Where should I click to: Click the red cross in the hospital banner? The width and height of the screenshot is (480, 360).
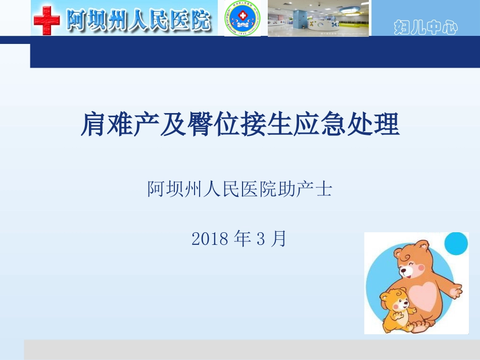coord(46,21)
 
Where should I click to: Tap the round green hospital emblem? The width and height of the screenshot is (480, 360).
coord(243,19)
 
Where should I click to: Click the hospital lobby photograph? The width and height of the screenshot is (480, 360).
coord(318,19)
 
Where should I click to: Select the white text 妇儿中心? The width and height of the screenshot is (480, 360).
coord(425,28)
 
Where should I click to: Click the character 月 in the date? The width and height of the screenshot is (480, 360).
coord(278,239)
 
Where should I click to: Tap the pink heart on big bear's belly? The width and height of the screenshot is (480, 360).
coord(425,296)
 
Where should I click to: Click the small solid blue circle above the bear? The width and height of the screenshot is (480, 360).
coord(456,243)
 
